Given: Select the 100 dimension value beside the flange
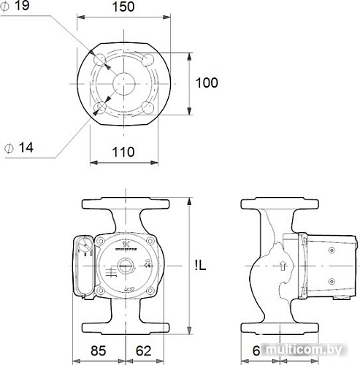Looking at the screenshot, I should [x=207, y=82].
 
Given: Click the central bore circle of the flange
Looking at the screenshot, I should [x=125, y=83].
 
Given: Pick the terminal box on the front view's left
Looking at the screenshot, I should [x=84, y=266].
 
